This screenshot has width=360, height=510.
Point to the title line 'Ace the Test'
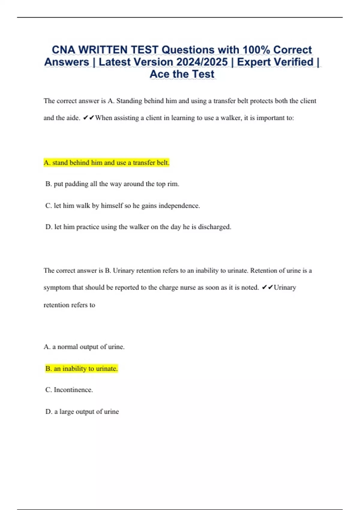(182, 74)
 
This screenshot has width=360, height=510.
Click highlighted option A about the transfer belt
(106, 163)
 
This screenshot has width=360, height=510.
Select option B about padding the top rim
(112, 184)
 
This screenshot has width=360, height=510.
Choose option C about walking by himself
(122, 205)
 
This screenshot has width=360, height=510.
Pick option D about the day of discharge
(138, 227)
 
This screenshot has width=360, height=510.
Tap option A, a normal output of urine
(84, 347)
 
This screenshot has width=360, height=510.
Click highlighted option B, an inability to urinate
(81, 368)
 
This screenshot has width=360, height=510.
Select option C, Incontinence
(69, 390)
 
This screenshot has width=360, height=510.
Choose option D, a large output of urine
(82, 411)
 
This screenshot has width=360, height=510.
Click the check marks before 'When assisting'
(88, 118)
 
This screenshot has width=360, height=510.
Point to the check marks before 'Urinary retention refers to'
(267, 287)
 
